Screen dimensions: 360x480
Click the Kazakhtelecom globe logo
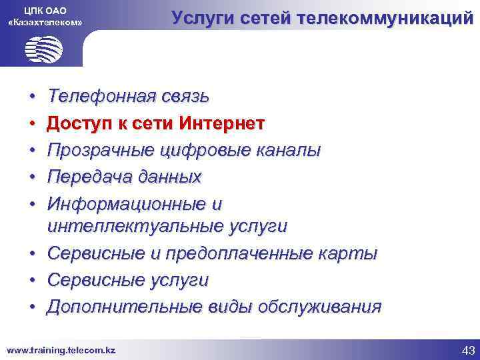[44, 49]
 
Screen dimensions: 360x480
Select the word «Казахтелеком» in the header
[45, 23]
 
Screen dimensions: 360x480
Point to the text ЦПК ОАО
[45, 10]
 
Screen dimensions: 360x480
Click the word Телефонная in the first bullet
[101, 97]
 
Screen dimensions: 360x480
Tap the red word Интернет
[221, 124]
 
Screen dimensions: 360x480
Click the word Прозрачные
[103, 151]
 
